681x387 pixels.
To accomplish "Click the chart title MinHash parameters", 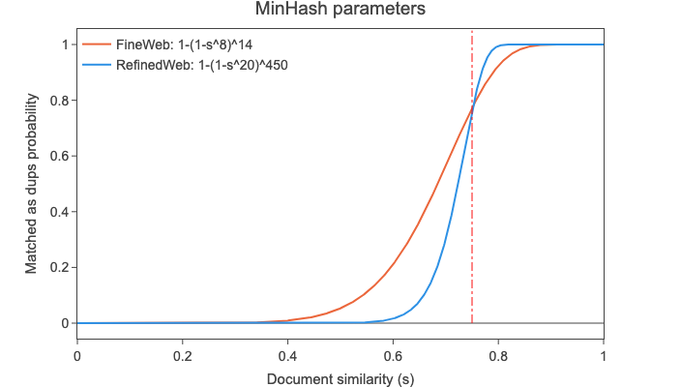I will pos(340,11).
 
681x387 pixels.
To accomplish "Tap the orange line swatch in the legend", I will pos(95,45).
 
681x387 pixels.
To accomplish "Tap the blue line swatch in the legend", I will pos(95,65).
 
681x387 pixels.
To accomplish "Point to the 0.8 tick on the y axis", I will pos(59,101).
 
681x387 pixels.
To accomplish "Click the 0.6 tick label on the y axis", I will pos(59,156).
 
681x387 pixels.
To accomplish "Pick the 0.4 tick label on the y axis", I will pos(59,212).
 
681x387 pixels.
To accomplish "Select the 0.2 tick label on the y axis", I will pos(59,267).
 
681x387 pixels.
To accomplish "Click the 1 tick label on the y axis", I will pos(65,45).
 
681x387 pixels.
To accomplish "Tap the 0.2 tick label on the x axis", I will pos(183,355).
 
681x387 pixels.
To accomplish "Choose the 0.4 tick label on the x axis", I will pos(288,355).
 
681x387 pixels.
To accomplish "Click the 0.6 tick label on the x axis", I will pos(393,355).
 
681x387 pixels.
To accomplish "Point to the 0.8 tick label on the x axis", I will pos(498,355).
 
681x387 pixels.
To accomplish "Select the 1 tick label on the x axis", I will pos(604,355).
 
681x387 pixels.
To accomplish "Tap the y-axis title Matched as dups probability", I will pos(32,184).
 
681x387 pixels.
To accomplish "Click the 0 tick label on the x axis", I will pos(77,355).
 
